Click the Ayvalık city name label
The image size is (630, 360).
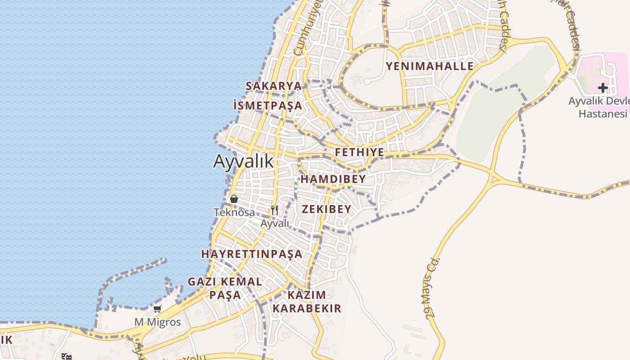point(243,161)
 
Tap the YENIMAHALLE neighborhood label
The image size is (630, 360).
point(430,67)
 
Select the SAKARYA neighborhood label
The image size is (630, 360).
point(273,86)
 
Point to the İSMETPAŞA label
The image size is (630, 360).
point(268,106)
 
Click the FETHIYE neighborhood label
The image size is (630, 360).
point(360,153)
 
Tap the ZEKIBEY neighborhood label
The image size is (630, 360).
point(326,209)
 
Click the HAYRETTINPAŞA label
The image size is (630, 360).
point(252,254)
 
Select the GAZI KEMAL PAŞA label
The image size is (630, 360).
point(225,288)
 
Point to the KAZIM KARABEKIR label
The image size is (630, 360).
point(306,302)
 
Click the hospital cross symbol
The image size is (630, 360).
point(603,87)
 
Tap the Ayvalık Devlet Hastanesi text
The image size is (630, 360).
point(601,107)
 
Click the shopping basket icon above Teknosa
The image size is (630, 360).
point(234,198)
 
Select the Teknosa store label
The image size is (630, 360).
point(234,212)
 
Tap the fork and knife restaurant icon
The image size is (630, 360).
point(274,210)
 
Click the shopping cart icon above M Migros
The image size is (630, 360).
point(157,309)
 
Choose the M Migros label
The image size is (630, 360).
point(157,322)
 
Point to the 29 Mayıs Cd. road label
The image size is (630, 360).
point(431,288)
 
